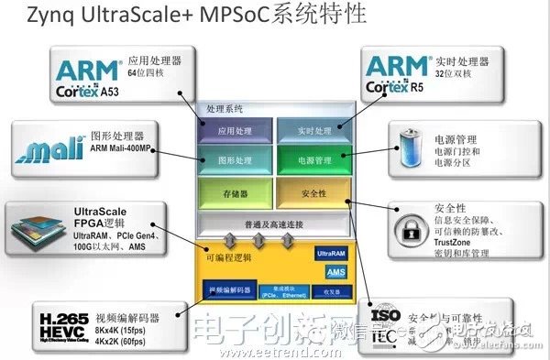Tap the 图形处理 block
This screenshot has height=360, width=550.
236,159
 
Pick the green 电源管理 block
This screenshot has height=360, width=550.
313,159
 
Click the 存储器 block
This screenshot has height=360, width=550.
236,192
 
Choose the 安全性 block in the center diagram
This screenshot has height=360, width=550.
313,192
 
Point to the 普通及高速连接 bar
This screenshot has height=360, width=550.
275,224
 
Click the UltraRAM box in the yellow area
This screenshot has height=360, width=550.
330,252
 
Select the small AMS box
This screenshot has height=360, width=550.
336,272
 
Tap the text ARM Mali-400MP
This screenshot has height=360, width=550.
117,154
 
